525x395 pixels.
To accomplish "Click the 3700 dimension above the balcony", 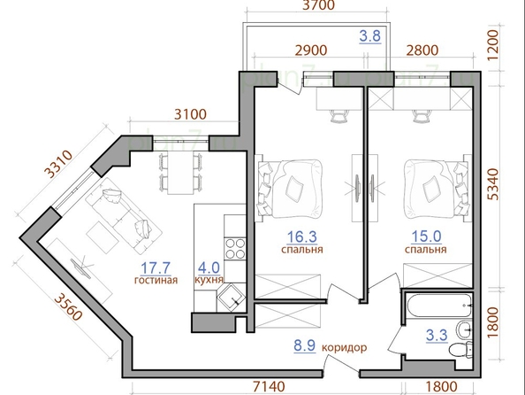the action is (x=318, y=5).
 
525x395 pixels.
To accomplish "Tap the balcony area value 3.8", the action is (x=370, y=36).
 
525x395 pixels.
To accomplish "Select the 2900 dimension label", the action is (x=311, y=50).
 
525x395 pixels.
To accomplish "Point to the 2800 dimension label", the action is (x=422, y=50).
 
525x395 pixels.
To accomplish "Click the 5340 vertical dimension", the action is (x=493, y=184).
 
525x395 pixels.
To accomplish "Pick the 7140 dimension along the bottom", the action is (x=269, y=386).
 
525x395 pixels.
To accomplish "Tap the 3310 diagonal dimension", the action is (x=59, y=165).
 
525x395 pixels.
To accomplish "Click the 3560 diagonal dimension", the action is (x=68, y=306).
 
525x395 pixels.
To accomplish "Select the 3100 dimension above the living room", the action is (x=191, y=114).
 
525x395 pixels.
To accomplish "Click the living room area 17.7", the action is (x=156, y=268).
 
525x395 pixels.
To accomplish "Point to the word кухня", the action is (x=209, y=280).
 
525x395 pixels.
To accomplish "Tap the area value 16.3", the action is (x=302, y=237).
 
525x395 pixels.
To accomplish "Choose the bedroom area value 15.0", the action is (x=426, y=236).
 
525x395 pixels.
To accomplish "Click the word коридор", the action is (x=344, y=348).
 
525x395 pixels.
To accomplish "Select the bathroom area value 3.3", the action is (x=437, y=336).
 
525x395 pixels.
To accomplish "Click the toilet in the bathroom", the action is (x=460, y=350).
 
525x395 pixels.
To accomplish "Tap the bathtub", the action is (x=438, y=306).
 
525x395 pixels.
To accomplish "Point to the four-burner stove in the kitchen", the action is (x=235, y=248).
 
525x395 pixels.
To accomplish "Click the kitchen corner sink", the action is (x=232, y=298).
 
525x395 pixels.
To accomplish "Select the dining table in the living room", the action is (x=180, y=173).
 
